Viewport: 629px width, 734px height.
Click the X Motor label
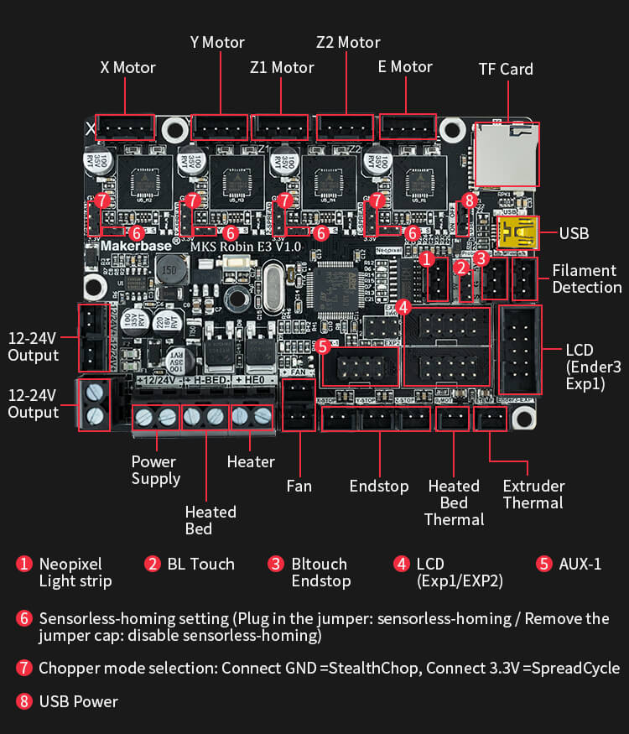[x=127, y=67]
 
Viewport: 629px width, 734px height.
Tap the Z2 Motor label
[x=348, y=42]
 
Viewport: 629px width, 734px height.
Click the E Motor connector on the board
[x=408, y=128]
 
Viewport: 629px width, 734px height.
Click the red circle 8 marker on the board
[x=469, y=200]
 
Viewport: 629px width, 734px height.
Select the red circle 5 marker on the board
[x=323, y=346]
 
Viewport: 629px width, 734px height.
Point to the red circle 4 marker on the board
[x=403, y=307]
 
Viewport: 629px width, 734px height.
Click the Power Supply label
[x=155, y=470]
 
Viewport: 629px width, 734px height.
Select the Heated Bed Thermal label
[x=454, y=502]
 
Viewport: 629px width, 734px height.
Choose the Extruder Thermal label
[x=533, y=494]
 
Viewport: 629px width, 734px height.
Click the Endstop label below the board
[x=379, y=486]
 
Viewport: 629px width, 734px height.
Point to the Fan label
[x=299, y=486]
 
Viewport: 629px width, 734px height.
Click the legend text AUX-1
[x=581, y=564]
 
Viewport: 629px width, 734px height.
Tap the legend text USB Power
[x=79, y=700]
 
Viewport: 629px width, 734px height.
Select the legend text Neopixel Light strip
[x=75, y=572]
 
